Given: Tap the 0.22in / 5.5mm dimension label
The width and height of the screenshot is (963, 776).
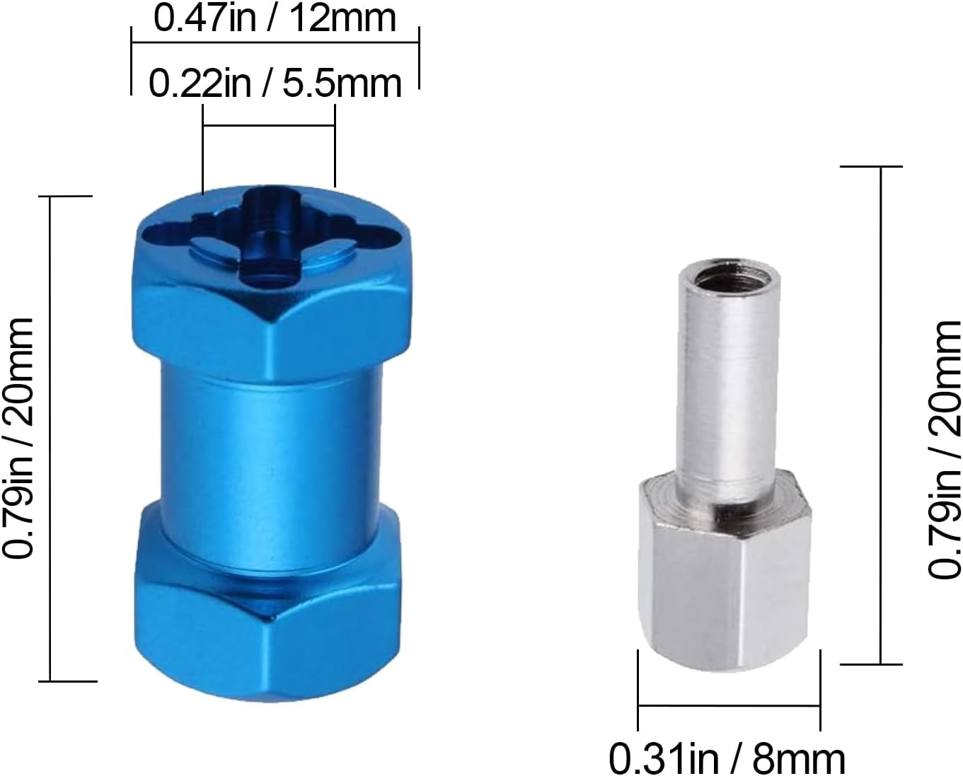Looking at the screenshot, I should tap(275, 83).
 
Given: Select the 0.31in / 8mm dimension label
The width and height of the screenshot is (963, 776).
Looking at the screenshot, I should tap(727, 758).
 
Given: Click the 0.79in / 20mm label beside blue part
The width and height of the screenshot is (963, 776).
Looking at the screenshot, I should tap(19, 438).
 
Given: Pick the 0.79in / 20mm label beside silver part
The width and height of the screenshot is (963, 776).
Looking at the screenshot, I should tap(945, 450).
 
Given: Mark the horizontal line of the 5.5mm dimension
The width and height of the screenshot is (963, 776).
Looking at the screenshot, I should tap(269, 126).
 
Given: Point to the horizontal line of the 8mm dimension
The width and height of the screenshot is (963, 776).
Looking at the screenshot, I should tap(729, 705).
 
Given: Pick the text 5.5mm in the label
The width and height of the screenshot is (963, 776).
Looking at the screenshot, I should tap(342, 83).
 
